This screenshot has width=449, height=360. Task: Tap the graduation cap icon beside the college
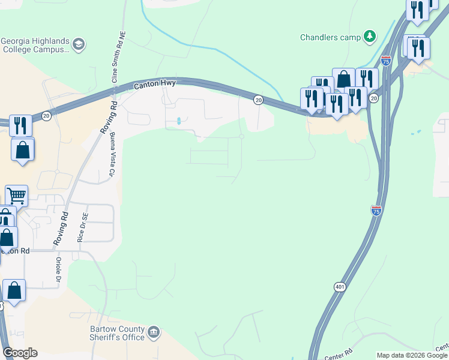point(79,44)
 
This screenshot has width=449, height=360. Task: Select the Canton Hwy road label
point(154,85)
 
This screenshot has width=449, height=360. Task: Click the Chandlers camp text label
point(330,37)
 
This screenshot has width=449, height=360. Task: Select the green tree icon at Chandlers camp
point(370,37)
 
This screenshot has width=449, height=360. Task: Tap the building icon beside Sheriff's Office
point(154,331)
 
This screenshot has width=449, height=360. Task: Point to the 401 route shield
point(340,287)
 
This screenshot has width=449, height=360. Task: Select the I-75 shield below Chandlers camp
point(386,61)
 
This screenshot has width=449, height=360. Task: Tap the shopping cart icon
point(16,195)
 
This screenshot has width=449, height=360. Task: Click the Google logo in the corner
point(20,353)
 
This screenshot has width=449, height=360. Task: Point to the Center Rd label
point(340,354)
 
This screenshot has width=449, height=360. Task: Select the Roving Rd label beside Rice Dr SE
point(62,229)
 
